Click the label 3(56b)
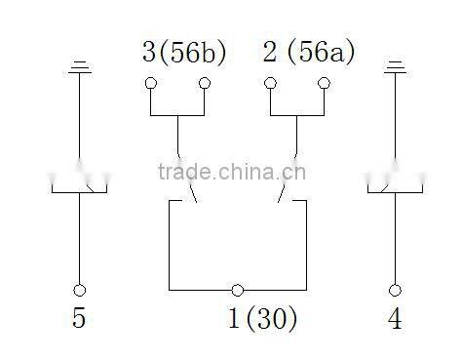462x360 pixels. click(x=184, y=52)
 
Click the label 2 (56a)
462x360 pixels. click(x=309, y=52)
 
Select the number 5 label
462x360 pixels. click(x=80, y=319)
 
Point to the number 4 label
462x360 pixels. click(x=395, y=319)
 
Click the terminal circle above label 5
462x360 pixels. click(x=80, y=290)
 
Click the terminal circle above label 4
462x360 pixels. click(x=395, y=290)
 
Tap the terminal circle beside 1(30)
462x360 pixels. click(x=237, y=290)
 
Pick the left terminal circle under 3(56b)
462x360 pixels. click(x=151, y=84)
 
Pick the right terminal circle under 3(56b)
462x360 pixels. click(x=205, y=84)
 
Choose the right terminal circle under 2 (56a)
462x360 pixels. click(x=324, y=84)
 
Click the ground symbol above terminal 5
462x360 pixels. click(x=80, y=67)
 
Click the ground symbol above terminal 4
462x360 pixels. click(x=395, y=67)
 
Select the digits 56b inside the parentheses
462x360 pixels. click(x=191, y=52)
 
